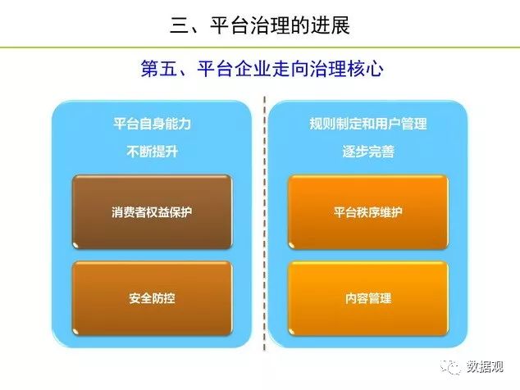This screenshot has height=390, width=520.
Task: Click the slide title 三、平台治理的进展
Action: (x=260, y=25)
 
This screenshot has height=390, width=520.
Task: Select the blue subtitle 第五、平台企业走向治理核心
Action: (x=262, y=69)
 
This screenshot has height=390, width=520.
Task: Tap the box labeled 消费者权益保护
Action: (x=152, y=212)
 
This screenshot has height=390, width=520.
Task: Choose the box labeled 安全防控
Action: (x=152, y=298)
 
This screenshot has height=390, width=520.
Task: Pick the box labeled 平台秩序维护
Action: (x=368, y=212)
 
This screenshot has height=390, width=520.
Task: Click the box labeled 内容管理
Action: (x=368, y=298)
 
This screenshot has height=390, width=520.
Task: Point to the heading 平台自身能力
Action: (x=153, y=124)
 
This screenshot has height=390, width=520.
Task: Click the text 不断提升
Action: (x=153, y=152)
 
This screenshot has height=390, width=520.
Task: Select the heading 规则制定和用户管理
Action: (x=368, y=124)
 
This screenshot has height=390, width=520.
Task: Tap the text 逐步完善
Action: (x=368, y=152)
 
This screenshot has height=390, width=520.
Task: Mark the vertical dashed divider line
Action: (x=264, y=224)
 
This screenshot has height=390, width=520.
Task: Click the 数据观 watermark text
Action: (x=485, y=367)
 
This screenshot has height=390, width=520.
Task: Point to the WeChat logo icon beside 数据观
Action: (x=450, y=367)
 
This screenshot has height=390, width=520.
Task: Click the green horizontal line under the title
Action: (x=260, y=48)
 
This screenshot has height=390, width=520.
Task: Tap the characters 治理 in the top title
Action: (x=270, y=25)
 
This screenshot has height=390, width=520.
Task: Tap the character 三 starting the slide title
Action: (x=180, y=25)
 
